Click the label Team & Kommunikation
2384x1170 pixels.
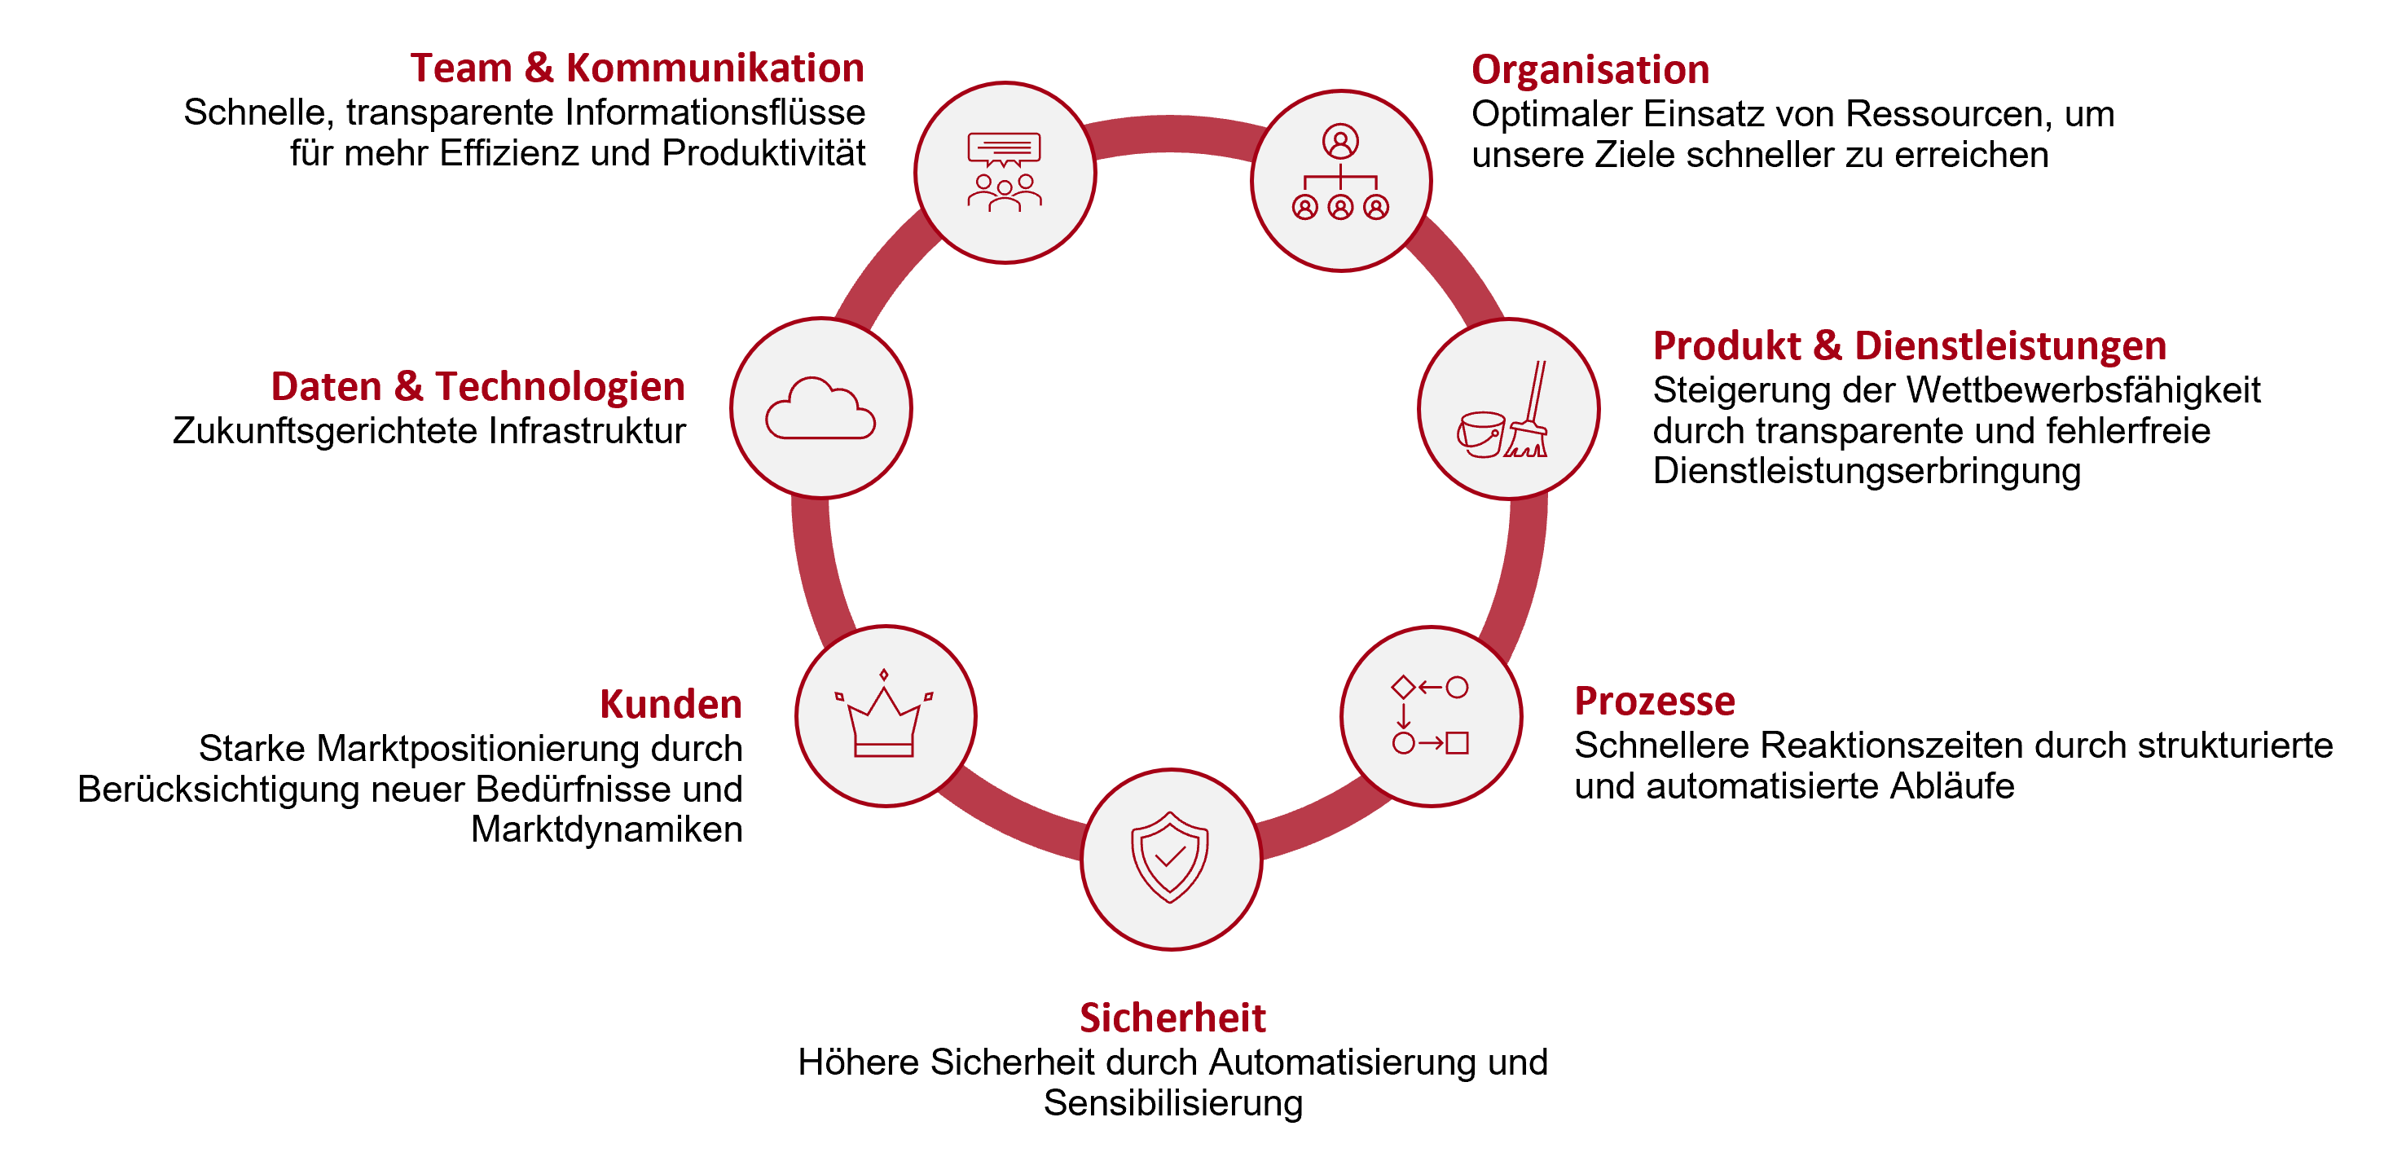636,68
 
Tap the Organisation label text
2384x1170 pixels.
1590,70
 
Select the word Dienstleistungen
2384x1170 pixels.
2010,346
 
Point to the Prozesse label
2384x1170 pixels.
1654,701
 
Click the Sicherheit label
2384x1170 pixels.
1172,1018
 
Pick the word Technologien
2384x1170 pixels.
560,386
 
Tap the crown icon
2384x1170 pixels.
885,719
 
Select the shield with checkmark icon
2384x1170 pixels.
1170,857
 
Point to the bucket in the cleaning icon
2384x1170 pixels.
1480,435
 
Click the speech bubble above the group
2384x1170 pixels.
1004,149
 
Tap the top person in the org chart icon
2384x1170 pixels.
1340,142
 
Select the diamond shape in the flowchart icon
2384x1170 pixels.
1403,687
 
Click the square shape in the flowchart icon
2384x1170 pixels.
1458,742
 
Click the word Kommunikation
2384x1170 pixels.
715,68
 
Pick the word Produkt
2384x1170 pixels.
1727,346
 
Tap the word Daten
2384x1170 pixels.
326,386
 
